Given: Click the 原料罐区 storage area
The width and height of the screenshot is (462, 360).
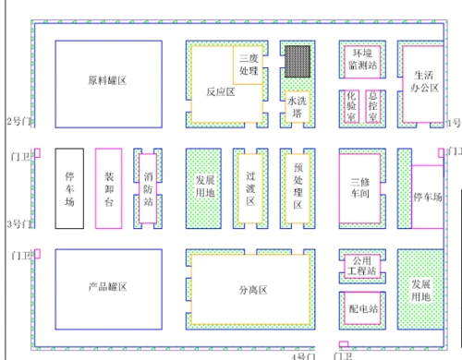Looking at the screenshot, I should [107, 81].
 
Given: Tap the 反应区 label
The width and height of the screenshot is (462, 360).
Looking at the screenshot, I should [220, 91].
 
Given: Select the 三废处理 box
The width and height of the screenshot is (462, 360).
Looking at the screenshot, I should [249, 65].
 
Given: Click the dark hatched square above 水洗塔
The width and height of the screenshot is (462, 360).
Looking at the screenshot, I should [296, 61].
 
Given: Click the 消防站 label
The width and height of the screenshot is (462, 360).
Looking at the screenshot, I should [149, 188].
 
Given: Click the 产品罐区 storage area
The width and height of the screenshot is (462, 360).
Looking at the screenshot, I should [107, 287].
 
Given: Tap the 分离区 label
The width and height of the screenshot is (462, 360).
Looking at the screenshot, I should [251, 290].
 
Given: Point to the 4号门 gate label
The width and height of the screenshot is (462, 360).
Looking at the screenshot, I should [303, 354].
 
